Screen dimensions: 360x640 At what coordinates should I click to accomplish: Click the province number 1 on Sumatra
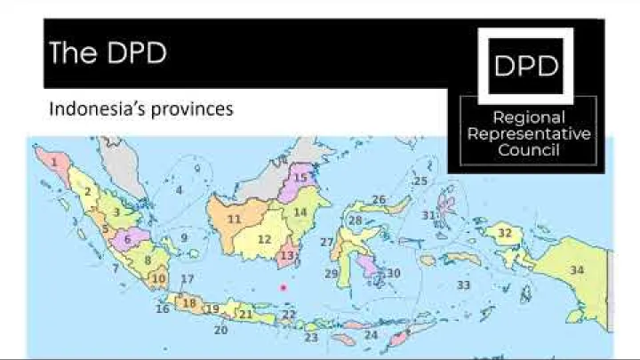(56, 163)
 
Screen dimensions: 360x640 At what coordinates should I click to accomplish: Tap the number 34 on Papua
(577, 270)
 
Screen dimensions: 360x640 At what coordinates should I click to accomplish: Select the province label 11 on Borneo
(235, 219)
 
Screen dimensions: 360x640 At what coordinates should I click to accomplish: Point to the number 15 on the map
(300, 178)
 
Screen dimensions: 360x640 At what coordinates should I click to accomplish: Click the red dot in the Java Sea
(284, 287)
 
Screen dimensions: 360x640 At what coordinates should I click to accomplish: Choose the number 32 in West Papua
(505, 234)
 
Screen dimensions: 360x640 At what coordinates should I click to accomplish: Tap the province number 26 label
(379, 200)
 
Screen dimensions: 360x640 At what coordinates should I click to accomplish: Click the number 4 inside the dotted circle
(179, 190)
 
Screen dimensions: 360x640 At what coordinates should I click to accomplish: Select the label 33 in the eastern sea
(463, 285)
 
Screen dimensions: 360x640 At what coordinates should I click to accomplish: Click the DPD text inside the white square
(526, 66)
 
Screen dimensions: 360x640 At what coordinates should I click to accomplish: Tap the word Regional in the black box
(529, 117)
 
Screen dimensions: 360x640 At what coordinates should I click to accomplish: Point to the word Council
(529, 150)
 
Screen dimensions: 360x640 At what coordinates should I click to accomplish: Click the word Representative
(529, 134)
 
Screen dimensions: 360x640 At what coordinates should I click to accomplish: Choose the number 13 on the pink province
(286, 256)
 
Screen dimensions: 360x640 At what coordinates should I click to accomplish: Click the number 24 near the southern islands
(372, 335)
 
